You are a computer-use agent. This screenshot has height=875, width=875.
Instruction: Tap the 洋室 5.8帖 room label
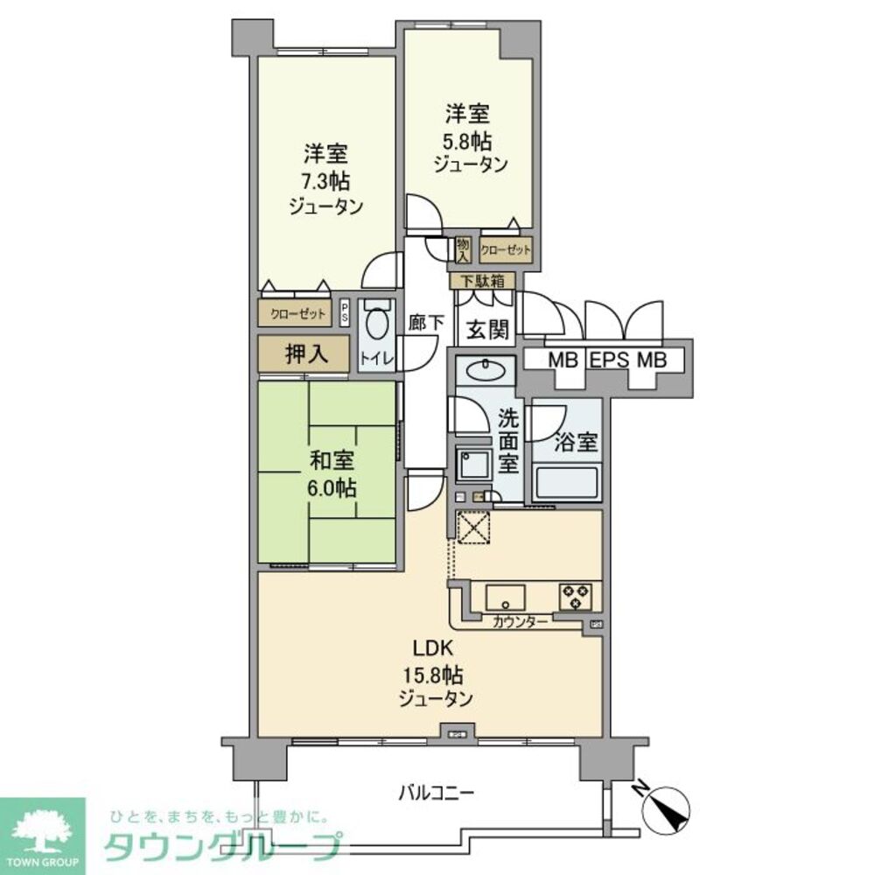469,139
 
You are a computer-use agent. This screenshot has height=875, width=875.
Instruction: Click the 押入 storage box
306,353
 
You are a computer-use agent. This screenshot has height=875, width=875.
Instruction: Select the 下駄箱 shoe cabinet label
482,282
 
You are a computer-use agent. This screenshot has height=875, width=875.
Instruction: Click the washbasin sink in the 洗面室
482,371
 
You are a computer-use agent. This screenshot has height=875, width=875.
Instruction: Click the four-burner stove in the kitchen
576,596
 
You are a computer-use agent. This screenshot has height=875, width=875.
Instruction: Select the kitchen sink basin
505,598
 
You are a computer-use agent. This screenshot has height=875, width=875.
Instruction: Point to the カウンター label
521,622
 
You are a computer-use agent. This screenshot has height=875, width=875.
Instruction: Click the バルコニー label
437,794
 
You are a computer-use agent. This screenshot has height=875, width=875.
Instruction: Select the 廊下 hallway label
426,321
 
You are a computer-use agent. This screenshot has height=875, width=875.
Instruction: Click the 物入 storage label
462,249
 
